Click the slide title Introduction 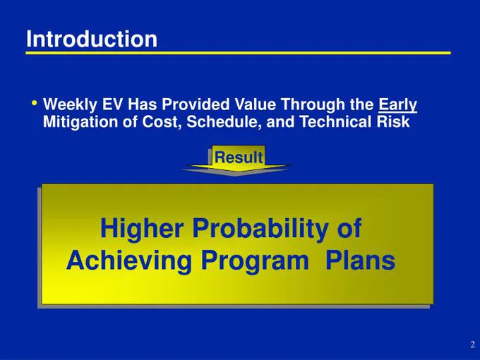tap(92, 39)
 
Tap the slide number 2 tap(473, 344)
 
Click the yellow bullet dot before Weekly tap(34, 103)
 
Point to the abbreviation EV tap(112, 104)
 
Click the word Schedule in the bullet tap(224, 122)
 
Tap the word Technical tap(335, 121)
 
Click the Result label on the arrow tap(239, 157)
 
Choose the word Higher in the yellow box tap(142, 229)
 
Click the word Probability tap(260, 229)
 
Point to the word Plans tap(360, 260)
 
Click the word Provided tap(196, 104)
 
